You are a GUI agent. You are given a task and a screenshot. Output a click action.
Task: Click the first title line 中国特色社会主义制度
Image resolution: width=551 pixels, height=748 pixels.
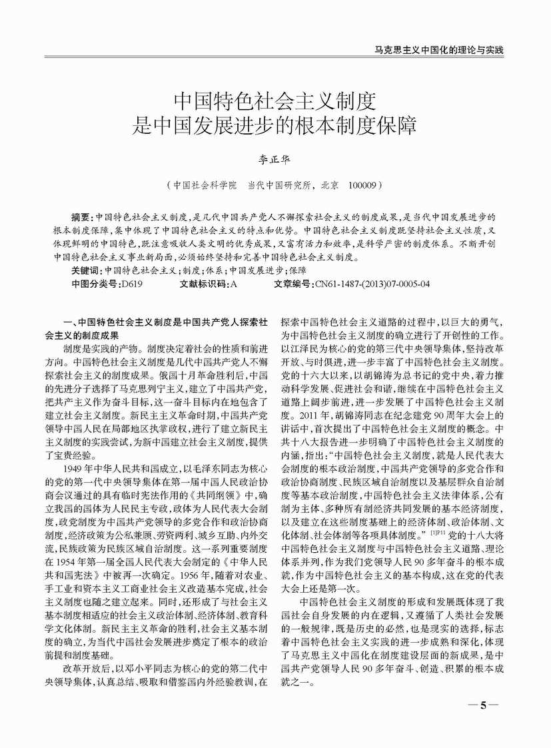click(x=276, y=101)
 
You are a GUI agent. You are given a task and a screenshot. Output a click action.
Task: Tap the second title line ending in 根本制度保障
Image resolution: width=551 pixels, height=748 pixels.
click(x=276, y=125)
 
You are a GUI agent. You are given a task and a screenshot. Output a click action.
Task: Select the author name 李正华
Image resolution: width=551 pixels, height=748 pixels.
click(x=276, y=161)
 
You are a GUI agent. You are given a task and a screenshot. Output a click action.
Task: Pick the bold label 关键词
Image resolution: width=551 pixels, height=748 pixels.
click(x=86, y=270)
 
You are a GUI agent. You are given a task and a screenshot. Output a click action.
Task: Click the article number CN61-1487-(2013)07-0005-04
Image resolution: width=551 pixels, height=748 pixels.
click(x=373, y=283)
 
